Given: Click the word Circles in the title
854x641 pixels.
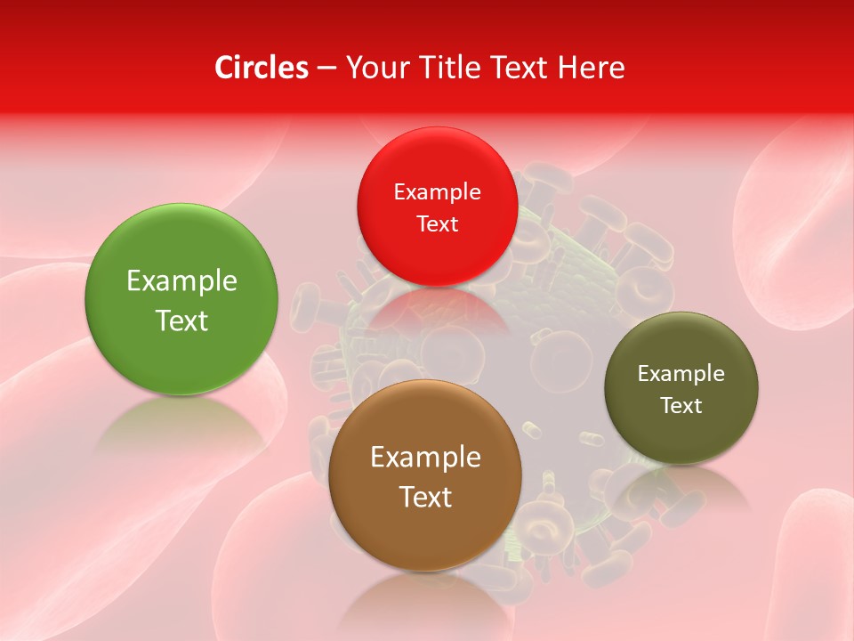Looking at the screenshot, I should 262,68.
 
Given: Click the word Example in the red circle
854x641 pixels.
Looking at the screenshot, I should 437,192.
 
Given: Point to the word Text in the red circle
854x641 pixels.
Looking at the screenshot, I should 437,223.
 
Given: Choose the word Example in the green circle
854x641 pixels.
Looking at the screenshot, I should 181,281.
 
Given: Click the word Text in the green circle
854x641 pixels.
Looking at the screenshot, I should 181,320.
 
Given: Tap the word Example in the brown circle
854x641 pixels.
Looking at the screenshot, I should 425,458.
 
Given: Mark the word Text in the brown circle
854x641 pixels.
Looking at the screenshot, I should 425,497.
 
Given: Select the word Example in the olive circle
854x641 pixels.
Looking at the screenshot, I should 681,374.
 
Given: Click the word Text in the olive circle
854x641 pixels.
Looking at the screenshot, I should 681,406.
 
